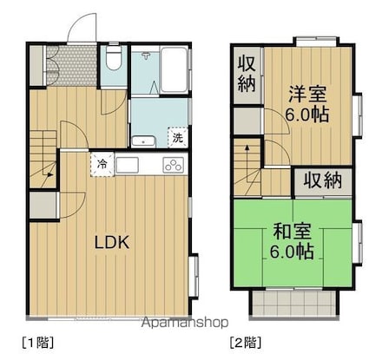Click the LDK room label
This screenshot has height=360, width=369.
click(112, 242)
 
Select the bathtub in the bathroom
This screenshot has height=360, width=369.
click(174, 69)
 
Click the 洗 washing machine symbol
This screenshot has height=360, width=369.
click(178, 137)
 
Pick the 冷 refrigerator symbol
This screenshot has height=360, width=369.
click(102, 164)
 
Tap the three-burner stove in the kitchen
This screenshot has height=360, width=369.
click(174, 165)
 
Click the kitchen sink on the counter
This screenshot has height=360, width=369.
click(127, 165)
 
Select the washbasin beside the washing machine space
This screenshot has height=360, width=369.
click(143, 141)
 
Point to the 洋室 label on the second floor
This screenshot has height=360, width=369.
click(307, 94)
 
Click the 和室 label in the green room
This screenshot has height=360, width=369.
click(292, 231)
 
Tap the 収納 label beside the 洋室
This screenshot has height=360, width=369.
click(247, 74)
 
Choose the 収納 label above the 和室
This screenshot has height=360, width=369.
click(323, 180)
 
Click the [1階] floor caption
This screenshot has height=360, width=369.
click(38, 343)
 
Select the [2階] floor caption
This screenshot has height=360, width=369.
click(246, 343)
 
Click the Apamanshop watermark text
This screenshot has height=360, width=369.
click(185, 322)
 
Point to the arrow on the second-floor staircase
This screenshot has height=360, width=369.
click(247, 163)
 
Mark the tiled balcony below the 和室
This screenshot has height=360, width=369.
click(293, 303)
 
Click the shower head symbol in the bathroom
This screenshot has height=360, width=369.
click(146, 55)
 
